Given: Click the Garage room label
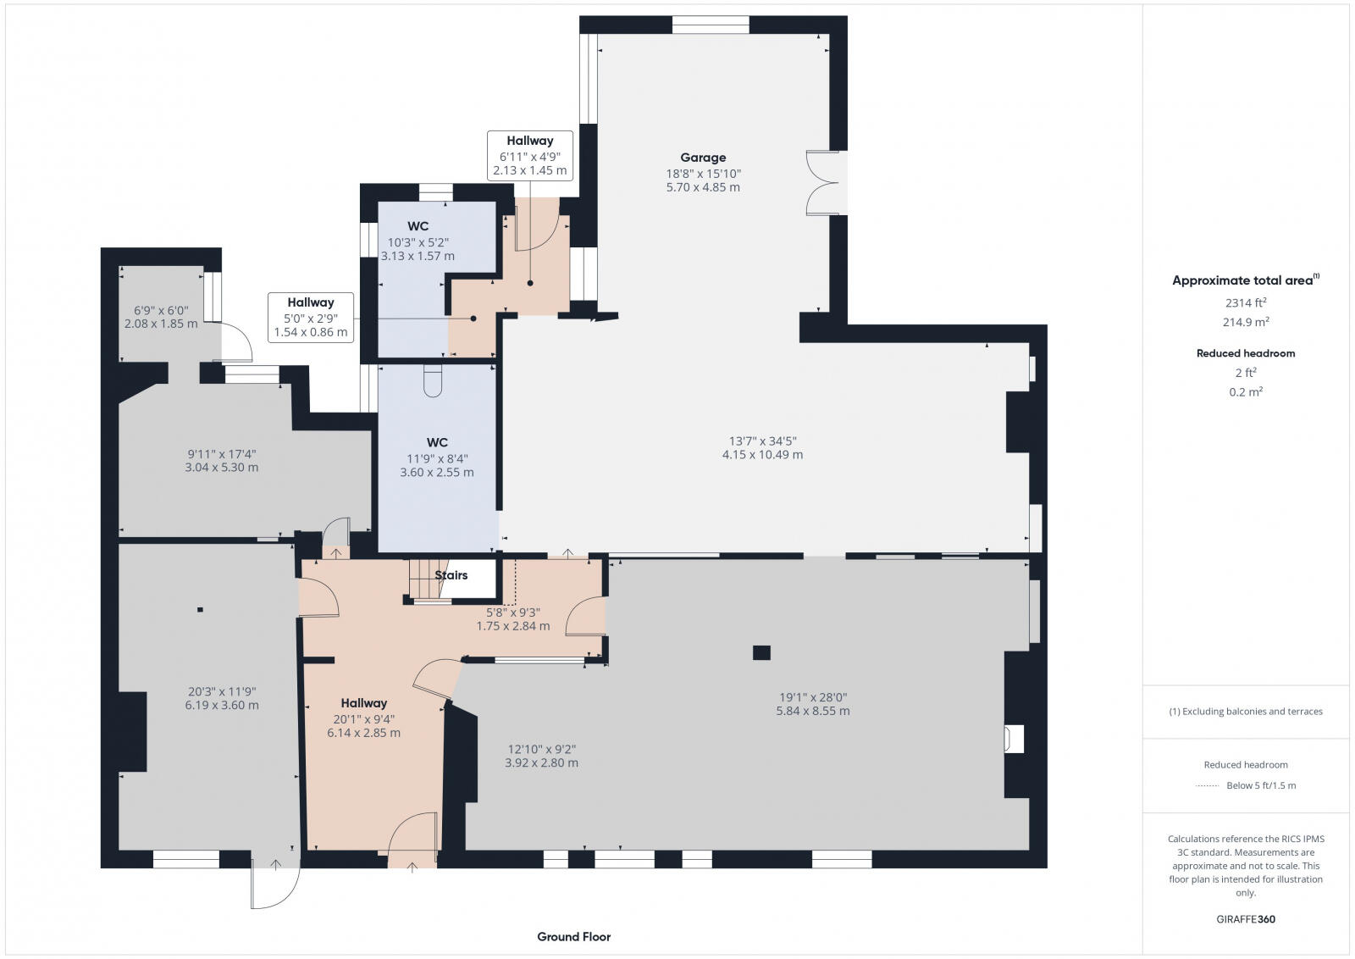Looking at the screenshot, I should [x=703, y=158].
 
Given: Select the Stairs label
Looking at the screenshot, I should [x=451, y=575].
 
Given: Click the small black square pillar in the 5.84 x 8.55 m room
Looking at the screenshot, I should [x=761, y=652].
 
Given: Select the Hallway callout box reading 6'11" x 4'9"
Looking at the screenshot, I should [x=530, y=156].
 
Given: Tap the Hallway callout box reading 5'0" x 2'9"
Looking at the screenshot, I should [x=310, y=318].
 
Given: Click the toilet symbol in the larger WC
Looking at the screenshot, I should [x=432, y=382].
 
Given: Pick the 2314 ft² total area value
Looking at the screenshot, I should [x=1245, y=302].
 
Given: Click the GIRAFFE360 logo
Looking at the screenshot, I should [x=1245, y=919].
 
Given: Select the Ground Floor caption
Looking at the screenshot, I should [x=573, y=937].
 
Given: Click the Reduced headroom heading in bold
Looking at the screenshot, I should [x=1245, y=353].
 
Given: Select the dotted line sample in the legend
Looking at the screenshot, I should [x=1206, y=785].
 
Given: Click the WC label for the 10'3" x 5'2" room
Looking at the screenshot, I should [x=418, y=226].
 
